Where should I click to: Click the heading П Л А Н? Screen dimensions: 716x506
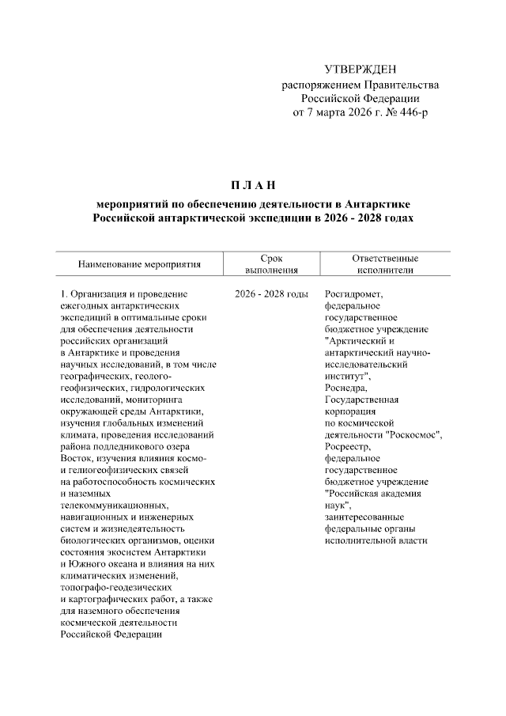[252, 186]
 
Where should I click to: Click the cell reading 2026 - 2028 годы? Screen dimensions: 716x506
[271, 295]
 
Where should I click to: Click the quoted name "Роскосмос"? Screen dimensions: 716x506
[413, 435]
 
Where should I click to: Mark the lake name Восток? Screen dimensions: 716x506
[77, 459]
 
